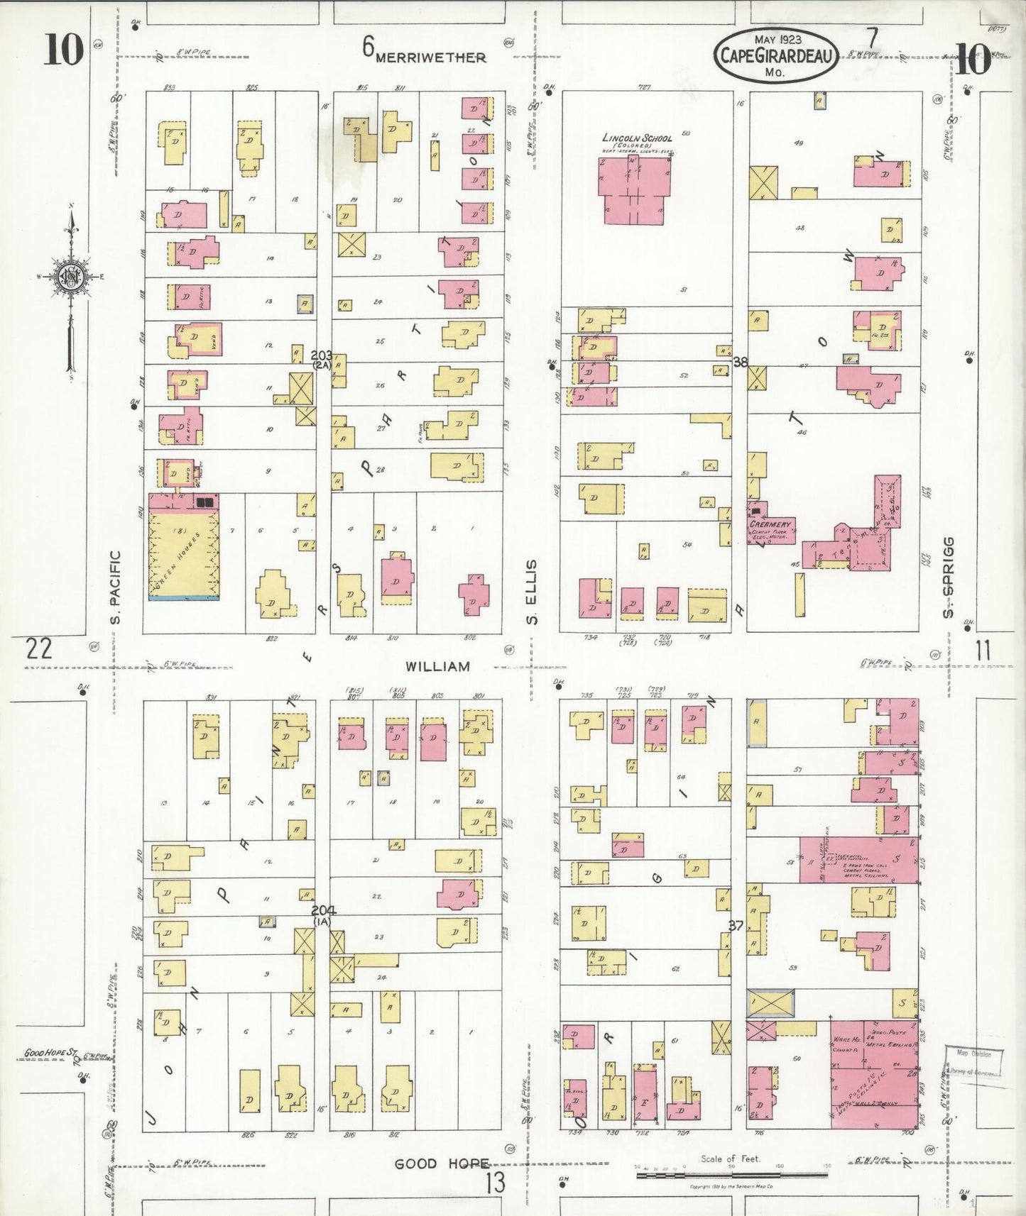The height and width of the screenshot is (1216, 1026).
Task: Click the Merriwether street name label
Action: (x=430, y=58)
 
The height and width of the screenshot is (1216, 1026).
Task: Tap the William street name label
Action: (x=437, y=667)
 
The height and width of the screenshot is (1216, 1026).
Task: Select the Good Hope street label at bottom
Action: (x=442, y=1164)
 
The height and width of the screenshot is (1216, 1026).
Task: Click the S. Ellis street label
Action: (x=533, y=592)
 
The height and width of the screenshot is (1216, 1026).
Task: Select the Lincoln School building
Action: (x=636, y=188)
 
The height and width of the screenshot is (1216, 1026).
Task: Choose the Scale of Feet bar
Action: (x=731, y=1176)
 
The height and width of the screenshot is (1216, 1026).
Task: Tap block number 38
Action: (x=741, y=362)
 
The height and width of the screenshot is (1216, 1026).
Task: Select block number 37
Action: (x=736, y=925)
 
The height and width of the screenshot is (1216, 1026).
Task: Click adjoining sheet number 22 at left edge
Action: (x=38, y=648)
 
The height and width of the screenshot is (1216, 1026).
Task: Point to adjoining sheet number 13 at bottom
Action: (x=496, y=1183)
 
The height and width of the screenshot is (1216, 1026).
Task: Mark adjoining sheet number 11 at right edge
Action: (x=983, y=651)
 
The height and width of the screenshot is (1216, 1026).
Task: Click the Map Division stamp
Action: (x=973, y=1062)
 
